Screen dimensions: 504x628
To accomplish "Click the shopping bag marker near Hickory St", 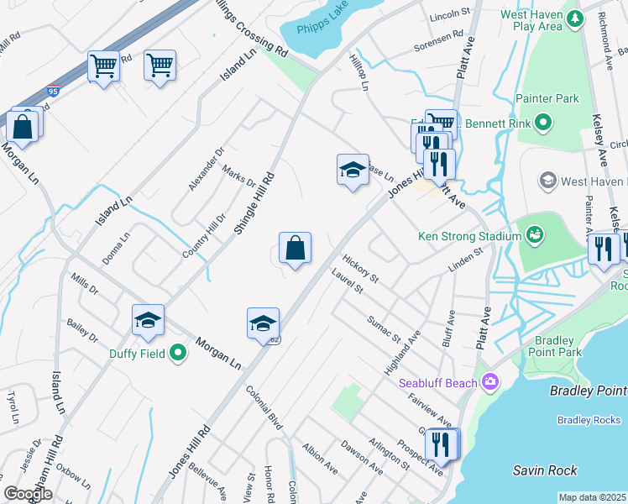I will pyautogui.click(x=295, y=249).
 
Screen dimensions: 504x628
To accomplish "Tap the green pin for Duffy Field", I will pyautogui.click(x=178, y=354).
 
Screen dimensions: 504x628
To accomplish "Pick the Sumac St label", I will pyautogui.click(x=385, y=329).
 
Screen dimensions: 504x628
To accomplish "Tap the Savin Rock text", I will pyautogui.click(x=547, y=471).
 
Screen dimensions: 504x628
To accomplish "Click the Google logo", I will pyautogui.click(x=28, y=494).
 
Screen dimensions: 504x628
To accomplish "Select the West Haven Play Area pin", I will pyautogui.click(x=574, y=18).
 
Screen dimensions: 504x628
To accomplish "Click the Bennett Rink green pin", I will pyautogui.click(x=542, y=125).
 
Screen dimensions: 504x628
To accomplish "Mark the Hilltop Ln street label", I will pyautogui.click(x=358, y=73).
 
